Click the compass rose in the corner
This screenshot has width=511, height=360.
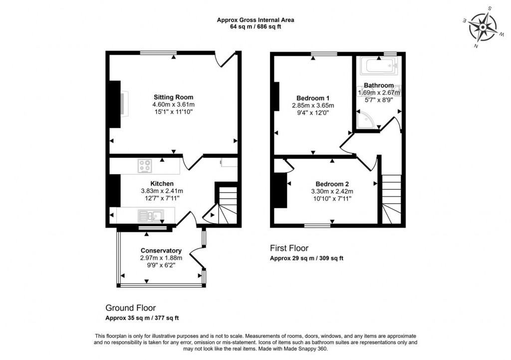pyautogui.click(x=482, y=27)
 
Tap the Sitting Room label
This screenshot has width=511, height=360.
pyautogui.click(x=173, y=97)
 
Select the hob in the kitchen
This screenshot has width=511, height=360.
pyautogui.click(x=146, y=166)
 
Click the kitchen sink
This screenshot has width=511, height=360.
pyautogui.click(x=150, y=215)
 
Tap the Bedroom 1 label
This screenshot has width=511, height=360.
pyautogui.click(x=312, y=98)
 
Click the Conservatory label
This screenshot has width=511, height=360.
pyautogui.click(x=161, y=250)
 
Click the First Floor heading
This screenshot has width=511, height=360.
pyautogui.click(x=289, y=248)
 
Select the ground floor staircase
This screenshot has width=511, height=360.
pyautogui.click(x=225, y=204)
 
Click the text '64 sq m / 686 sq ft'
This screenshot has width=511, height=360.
pyautogui.click(x=255, y=27)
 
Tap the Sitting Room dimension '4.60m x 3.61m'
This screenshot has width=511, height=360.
pyautogui.click(x=173, y=105)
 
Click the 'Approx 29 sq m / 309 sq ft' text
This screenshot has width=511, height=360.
pyautogui.click(x=306, y=258)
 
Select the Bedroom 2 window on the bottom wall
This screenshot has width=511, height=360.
pyautogui.click(x=317, y=225)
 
